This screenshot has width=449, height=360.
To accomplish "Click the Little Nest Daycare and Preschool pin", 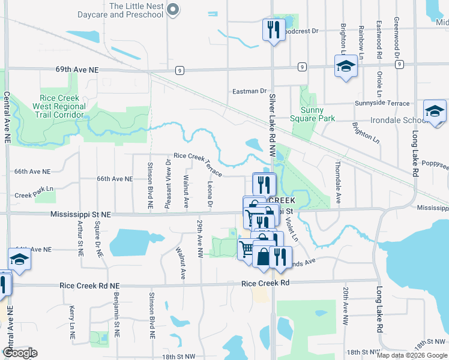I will tap(173, 8).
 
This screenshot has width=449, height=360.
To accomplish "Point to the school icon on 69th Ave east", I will tap(346, 67).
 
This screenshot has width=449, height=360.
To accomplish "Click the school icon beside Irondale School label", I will tap(435, 112).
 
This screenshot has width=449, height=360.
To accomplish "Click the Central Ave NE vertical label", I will tap(7, 117).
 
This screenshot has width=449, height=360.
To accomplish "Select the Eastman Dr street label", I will tap(249, 91).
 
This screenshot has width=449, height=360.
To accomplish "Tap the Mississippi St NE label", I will tap(81, 214).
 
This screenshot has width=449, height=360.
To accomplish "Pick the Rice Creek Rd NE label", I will tap(91, 286).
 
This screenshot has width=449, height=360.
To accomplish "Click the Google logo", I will tap(19, 353).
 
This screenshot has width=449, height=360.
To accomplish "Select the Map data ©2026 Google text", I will tap(411, 355).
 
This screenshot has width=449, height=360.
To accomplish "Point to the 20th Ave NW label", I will tap(346, 306).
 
